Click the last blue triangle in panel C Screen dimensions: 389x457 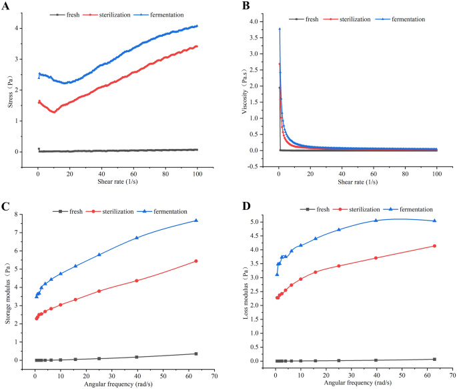[x=196, y=221]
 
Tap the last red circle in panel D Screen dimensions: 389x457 [x=434, y=246]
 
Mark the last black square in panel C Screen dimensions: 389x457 [x=196, y=354]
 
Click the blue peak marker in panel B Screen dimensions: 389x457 [x=279, y=29]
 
